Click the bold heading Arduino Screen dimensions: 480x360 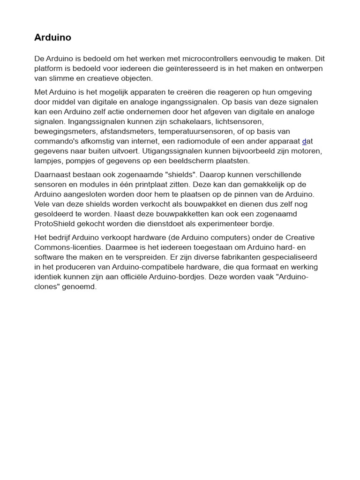[52, 37]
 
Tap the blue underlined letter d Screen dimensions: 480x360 [304, 141]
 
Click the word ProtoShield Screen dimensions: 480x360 [56, 224]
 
